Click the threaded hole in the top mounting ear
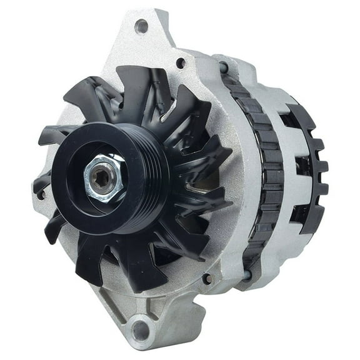coord(141,26)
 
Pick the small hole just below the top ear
coord(181,62)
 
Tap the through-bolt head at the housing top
coord(223,67)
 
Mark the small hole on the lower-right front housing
coord(206,279)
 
